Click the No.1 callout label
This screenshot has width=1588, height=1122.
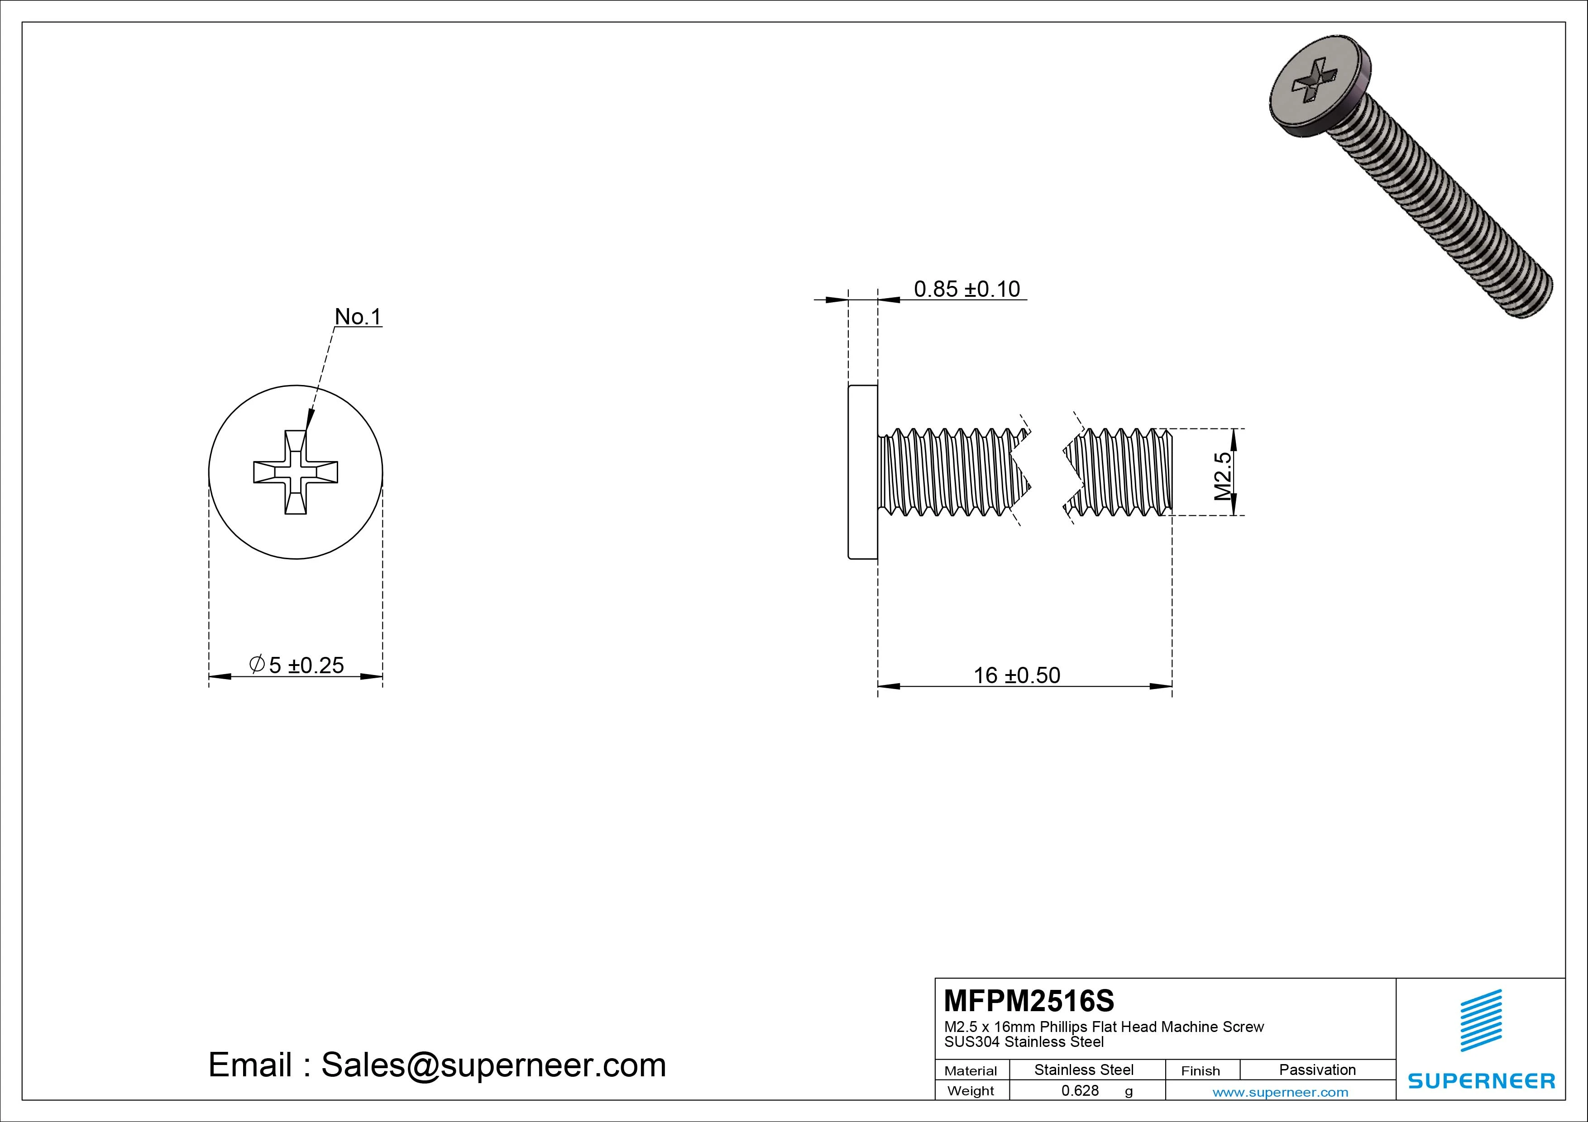358,317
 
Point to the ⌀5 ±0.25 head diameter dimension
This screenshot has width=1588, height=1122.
296,665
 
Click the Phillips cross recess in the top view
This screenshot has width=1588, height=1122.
296,472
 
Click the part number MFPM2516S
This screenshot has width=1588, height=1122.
1028,1000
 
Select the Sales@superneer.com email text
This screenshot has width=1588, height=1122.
493,1065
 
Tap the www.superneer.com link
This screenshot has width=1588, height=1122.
1280,1092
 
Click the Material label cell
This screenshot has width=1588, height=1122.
971,1071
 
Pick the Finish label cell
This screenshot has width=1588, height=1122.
1200,1071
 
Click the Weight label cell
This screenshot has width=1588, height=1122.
971,1091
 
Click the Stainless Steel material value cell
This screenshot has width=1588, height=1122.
1083,1070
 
